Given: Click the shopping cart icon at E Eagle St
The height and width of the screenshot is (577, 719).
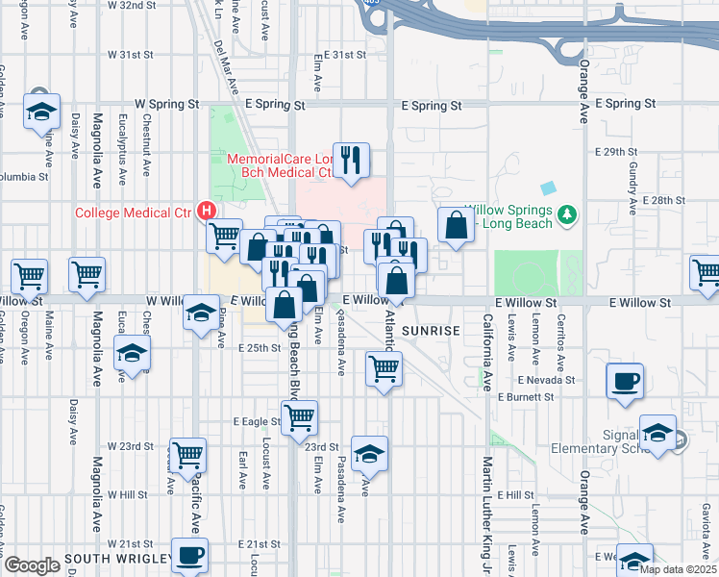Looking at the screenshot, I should pyautogui.click(x=300, y=417).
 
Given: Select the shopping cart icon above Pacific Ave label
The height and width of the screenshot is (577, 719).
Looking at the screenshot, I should pyautogui.click(x=186, y=454).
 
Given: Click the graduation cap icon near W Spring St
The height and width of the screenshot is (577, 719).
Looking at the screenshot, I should pyautogui.click(x=41, y=112).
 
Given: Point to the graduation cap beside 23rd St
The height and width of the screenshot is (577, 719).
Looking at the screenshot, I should pyautogui.click(x=368, y=454).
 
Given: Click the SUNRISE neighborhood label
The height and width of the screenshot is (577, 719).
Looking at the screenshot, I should pyautogui.click(x=432, y=330).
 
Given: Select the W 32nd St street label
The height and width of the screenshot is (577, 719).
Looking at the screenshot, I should pyautogui.click(x=131, y=5).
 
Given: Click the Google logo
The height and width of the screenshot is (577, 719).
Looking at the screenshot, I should pyautogui.click(x=32, y=565).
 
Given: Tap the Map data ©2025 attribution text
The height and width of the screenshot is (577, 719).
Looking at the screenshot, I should pyautogui.click(x=678, y=569).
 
